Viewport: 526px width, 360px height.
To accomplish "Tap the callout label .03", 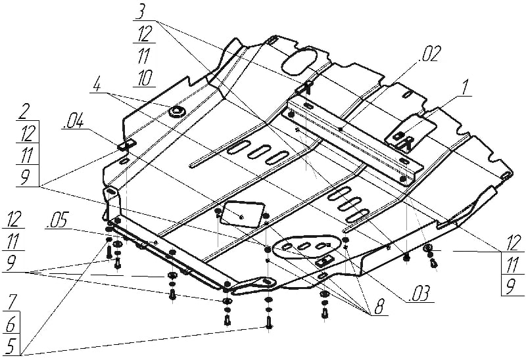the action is (418, 294).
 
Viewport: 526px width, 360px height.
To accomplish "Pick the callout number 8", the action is (378, 307).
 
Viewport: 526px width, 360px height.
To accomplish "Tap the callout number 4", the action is (97, 85).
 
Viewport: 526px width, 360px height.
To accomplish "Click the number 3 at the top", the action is (140, 12).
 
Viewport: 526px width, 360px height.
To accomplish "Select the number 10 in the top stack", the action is (145, 78).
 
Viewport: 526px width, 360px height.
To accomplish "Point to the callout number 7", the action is (11, 303).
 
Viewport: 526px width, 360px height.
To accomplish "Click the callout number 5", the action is (11, 347).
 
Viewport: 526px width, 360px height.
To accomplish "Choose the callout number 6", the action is (11, 325).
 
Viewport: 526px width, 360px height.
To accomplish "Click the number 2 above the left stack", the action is (24, 112).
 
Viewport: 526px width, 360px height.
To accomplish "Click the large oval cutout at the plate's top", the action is (299, 60).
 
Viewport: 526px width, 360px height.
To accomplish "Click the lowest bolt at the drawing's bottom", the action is (268, 323).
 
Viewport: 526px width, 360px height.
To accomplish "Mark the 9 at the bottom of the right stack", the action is (511, 287).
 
